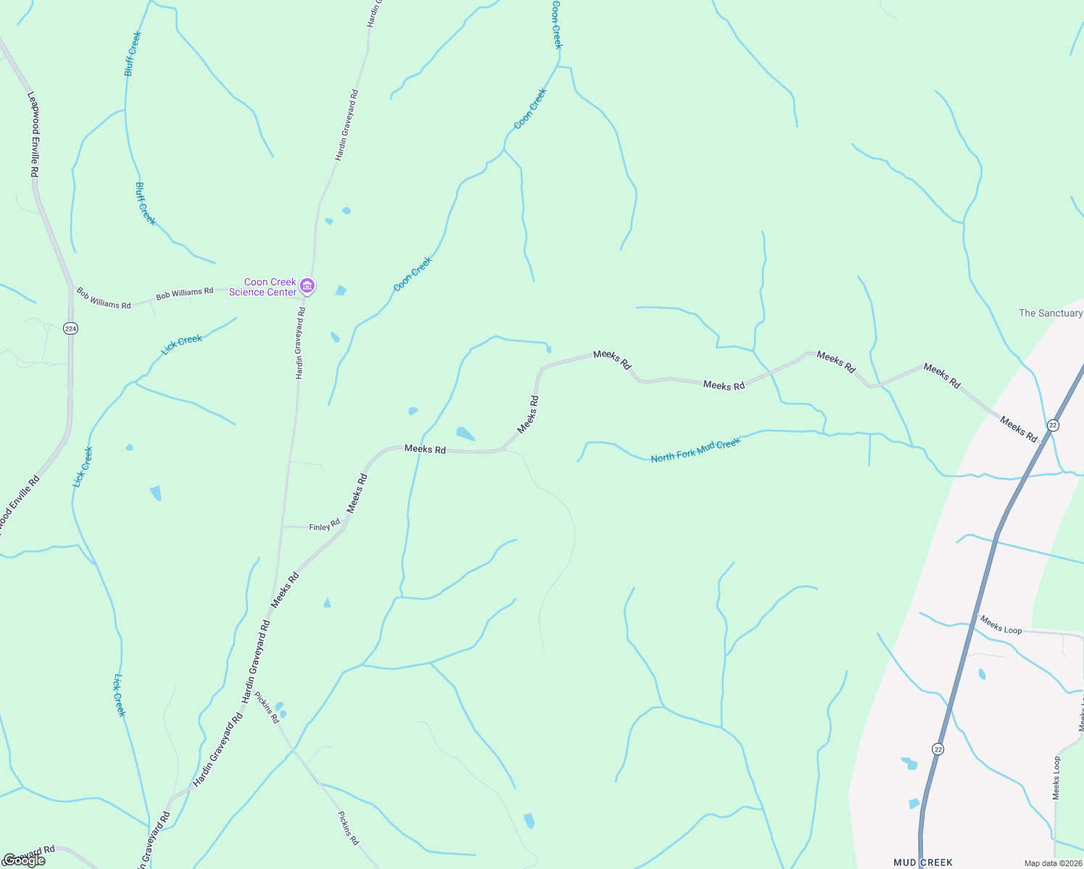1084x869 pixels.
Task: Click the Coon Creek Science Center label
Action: click(263, 287)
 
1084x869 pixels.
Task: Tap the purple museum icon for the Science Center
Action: click(307, 286)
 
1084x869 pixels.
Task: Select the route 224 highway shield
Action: click(70, 329)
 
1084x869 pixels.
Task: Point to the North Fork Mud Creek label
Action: click(696, 450)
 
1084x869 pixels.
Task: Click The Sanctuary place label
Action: click(1050, 313)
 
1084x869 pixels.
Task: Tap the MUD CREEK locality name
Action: click(922, 862)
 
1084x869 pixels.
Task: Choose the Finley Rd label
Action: click(325, 526)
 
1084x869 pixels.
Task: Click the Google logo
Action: click(25, 860)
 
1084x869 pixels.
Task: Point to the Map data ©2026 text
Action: click(1052, 863)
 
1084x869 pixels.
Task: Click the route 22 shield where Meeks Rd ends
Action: click(1053, 425)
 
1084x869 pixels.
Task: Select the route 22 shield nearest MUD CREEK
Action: click(938, 749)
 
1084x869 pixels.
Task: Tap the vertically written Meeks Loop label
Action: click(1056, 778)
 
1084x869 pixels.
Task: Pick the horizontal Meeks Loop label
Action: click(1001, 624)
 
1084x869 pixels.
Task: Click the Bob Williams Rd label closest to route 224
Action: click(104, 299)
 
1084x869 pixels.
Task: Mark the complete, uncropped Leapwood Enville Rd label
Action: click(33, 134)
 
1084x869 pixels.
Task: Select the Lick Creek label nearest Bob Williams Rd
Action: click(182, 344)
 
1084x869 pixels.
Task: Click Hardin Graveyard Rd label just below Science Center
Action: click(300, 343)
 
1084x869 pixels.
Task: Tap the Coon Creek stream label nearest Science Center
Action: click(412, 274)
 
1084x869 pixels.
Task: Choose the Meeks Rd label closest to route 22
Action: click(1018, 428)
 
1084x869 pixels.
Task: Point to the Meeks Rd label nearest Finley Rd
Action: click(357, 493)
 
